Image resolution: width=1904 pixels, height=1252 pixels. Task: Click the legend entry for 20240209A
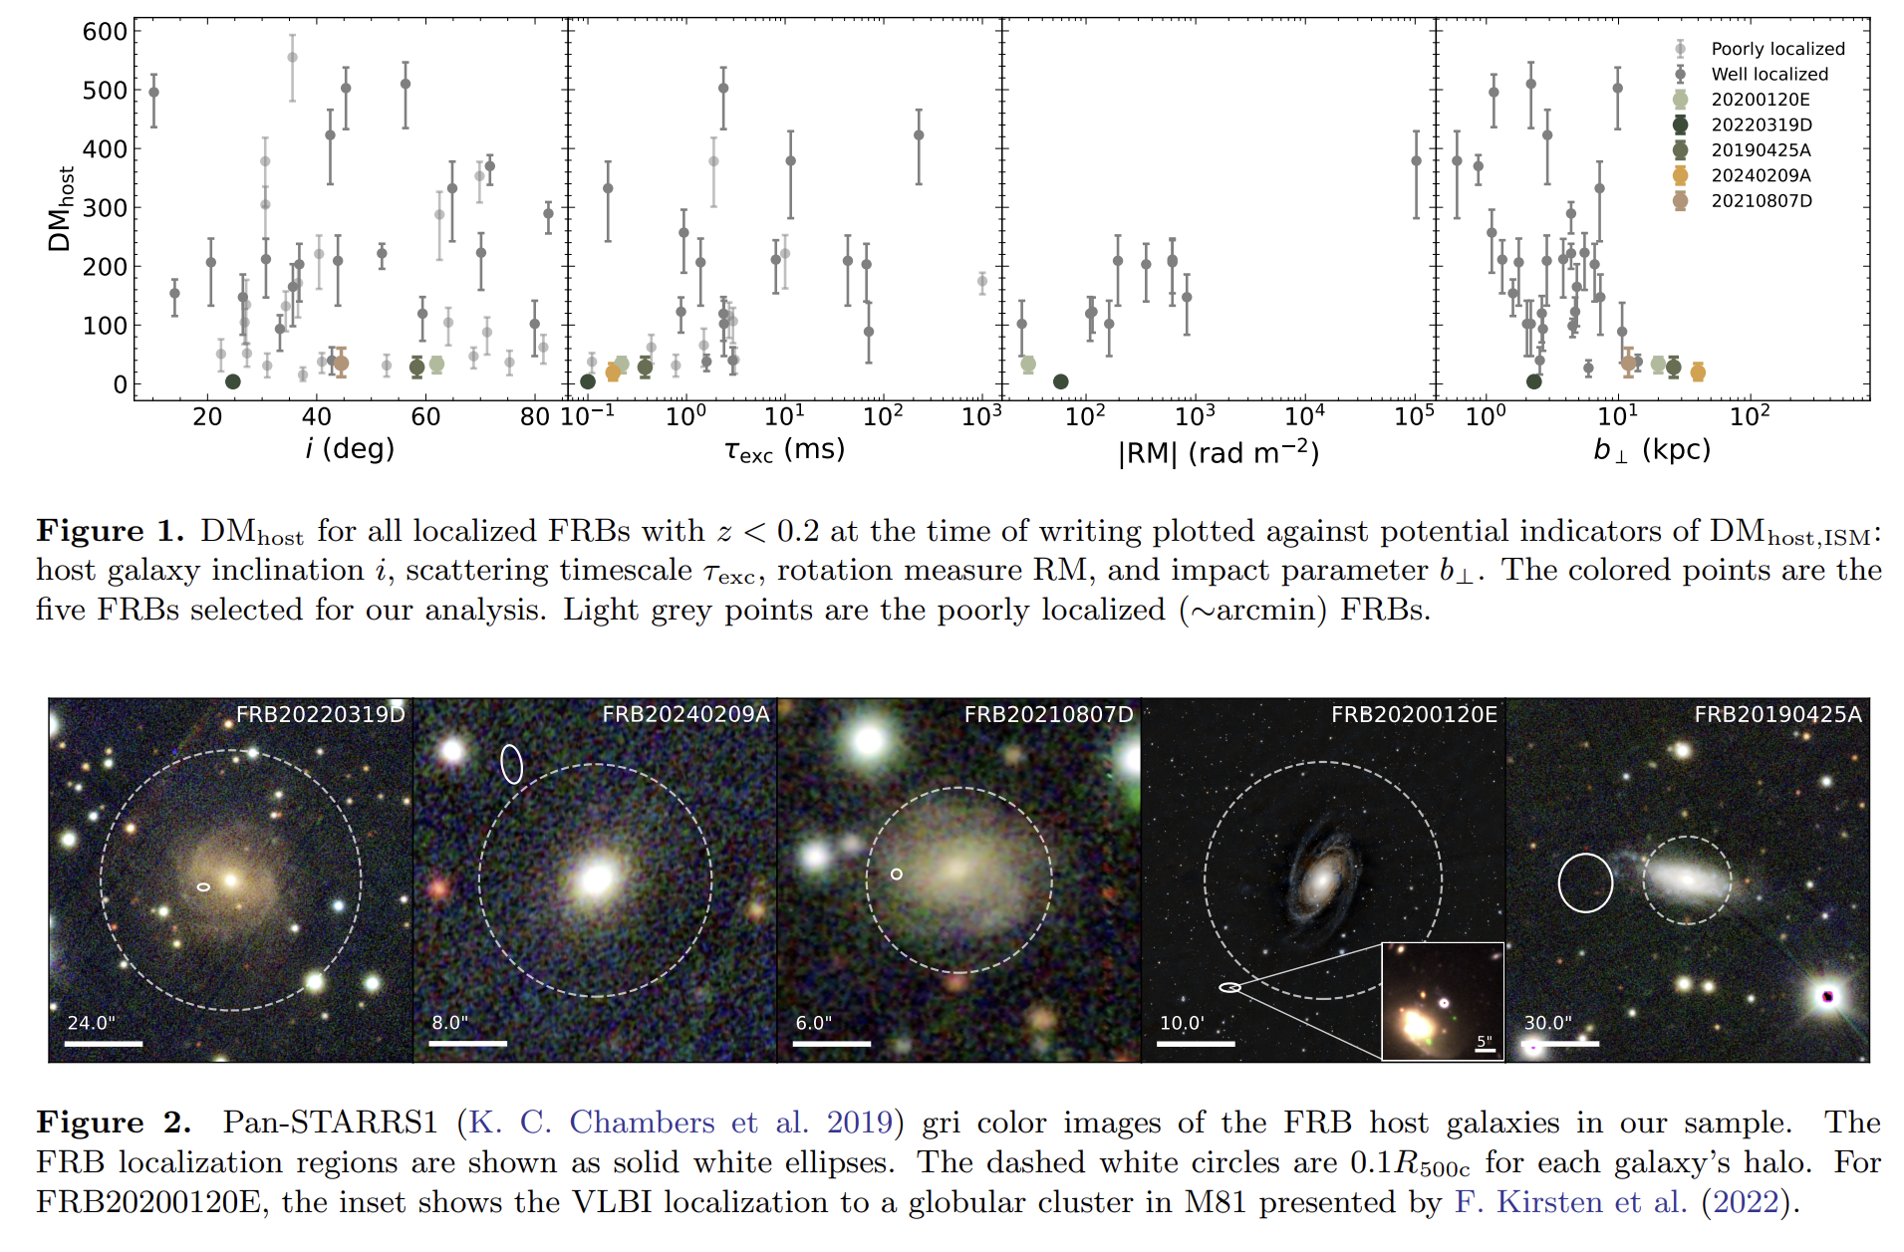point(1761,175)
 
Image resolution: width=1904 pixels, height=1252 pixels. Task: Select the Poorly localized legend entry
point(1777,49)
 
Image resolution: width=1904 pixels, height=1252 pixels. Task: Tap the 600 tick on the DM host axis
point(105,32)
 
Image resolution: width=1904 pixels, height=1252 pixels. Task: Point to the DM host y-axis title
point(60,209)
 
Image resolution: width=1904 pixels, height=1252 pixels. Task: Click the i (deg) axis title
point(350,449)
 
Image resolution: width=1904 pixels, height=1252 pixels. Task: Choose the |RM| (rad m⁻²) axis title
point(1218,453)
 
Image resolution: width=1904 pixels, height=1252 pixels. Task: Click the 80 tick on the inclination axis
point(535,417)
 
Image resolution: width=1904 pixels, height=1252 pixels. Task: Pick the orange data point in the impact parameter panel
point(1698,373)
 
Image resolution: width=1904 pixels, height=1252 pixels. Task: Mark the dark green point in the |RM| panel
point(1060,381)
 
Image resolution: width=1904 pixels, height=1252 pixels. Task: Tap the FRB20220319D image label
point(320,714)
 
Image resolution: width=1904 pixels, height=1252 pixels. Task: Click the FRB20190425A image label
point(1777,714)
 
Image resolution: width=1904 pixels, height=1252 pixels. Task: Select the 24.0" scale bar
point(104,1044)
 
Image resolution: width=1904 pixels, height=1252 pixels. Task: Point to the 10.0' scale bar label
point(1182,1023)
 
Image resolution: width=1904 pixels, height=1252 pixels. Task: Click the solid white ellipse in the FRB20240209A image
point(511,764)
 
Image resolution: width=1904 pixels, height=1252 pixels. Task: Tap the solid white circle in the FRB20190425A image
point(1584,882)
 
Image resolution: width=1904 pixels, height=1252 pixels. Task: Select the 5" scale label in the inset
point(1485,1041)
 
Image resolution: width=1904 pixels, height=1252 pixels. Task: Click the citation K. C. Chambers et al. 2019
point(680,1123)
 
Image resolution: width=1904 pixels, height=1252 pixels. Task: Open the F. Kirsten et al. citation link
point(1570,1202)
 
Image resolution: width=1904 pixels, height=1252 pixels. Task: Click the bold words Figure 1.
point(110,531)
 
